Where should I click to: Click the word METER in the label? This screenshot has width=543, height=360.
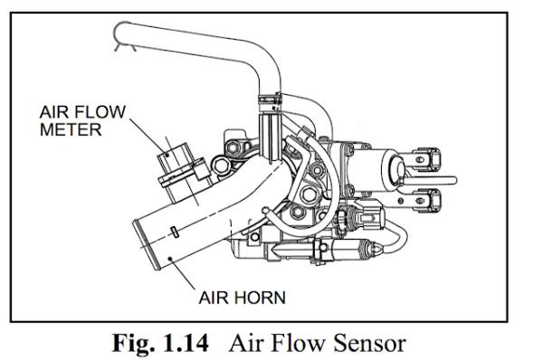point(71,129)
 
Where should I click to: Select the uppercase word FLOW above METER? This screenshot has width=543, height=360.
point(100,112)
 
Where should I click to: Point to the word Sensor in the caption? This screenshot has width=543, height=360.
point(369,344)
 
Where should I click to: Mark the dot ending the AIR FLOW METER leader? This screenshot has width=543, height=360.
point(167,155)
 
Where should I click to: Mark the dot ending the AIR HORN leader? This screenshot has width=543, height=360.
point(170,258)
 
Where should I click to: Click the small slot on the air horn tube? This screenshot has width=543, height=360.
point(176,232)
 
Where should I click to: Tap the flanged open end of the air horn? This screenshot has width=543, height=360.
point(146,245)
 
